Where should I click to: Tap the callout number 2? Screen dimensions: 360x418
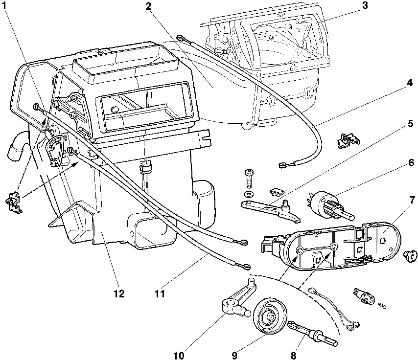pos(149,6)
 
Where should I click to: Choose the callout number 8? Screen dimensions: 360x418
pos(293,355)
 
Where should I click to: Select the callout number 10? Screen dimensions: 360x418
pos(179,355)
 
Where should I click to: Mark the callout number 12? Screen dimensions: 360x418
pos(118,294)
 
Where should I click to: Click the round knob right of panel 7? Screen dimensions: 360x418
pos(410,255)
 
